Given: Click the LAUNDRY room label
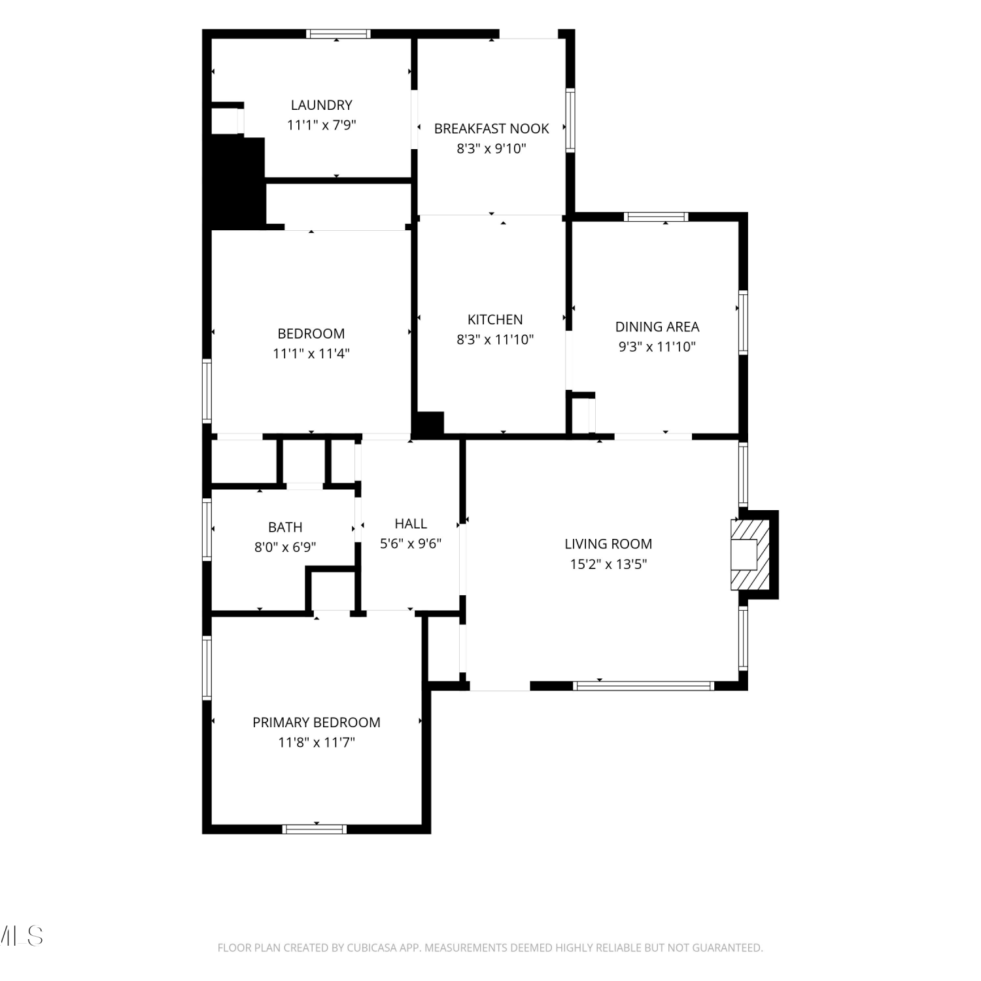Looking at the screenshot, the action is (321, 105).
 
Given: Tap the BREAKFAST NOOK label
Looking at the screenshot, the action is (492, 128).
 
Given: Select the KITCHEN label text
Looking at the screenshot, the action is (495, 319).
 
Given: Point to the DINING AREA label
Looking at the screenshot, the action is (657, 326).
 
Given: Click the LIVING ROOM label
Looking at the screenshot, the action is (608, 543).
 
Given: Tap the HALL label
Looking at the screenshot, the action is (411, 523).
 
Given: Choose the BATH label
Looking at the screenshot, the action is (285, 526).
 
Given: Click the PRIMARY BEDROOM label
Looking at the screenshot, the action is (317, 722).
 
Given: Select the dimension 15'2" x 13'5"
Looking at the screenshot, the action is (608, 564).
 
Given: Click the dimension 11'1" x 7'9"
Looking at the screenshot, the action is (321, 125).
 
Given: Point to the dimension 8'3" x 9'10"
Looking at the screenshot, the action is (492, 148).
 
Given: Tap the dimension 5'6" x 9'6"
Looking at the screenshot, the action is (411, 543).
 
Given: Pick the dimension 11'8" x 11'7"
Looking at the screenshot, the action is (317, 742).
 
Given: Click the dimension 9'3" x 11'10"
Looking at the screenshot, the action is (657, 347).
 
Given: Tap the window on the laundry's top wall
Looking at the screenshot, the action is (339, 34).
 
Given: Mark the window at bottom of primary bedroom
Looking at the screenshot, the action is (315, 829).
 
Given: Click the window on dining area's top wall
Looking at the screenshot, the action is (656, 217).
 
